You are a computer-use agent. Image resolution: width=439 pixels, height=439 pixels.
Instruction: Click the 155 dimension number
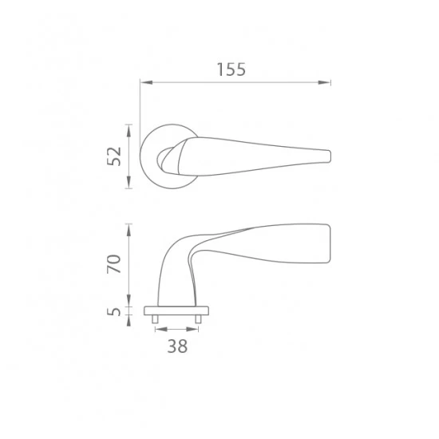coord(231,69)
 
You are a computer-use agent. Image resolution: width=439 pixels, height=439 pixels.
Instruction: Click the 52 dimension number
coord(114,156)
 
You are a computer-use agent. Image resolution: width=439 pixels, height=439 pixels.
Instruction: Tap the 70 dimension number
coord(114,263)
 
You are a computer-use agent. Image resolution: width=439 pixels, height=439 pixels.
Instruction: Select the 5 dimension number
coord(114,311)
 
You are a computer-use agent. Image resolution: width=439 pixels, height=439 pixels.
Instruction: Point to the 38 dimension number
coord(177,346)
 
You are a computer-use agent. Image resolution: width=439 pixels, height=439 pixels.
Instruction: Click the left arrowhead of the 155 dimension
coord(146,82)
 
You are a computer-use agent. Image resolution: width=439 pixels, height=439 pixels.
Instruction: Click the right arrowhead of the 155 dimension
coord(324,82)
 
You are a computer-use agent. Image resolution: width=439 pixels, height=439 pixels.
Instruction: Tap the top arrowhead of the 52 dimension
coord(129,130)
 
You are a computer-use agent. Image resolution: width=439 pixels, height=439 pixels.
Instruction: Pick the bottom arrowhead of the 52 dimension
coord(129,182)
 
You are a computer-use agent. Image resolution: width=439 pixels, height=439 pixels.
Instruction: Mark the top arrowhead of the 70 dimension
coord(129,230)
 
